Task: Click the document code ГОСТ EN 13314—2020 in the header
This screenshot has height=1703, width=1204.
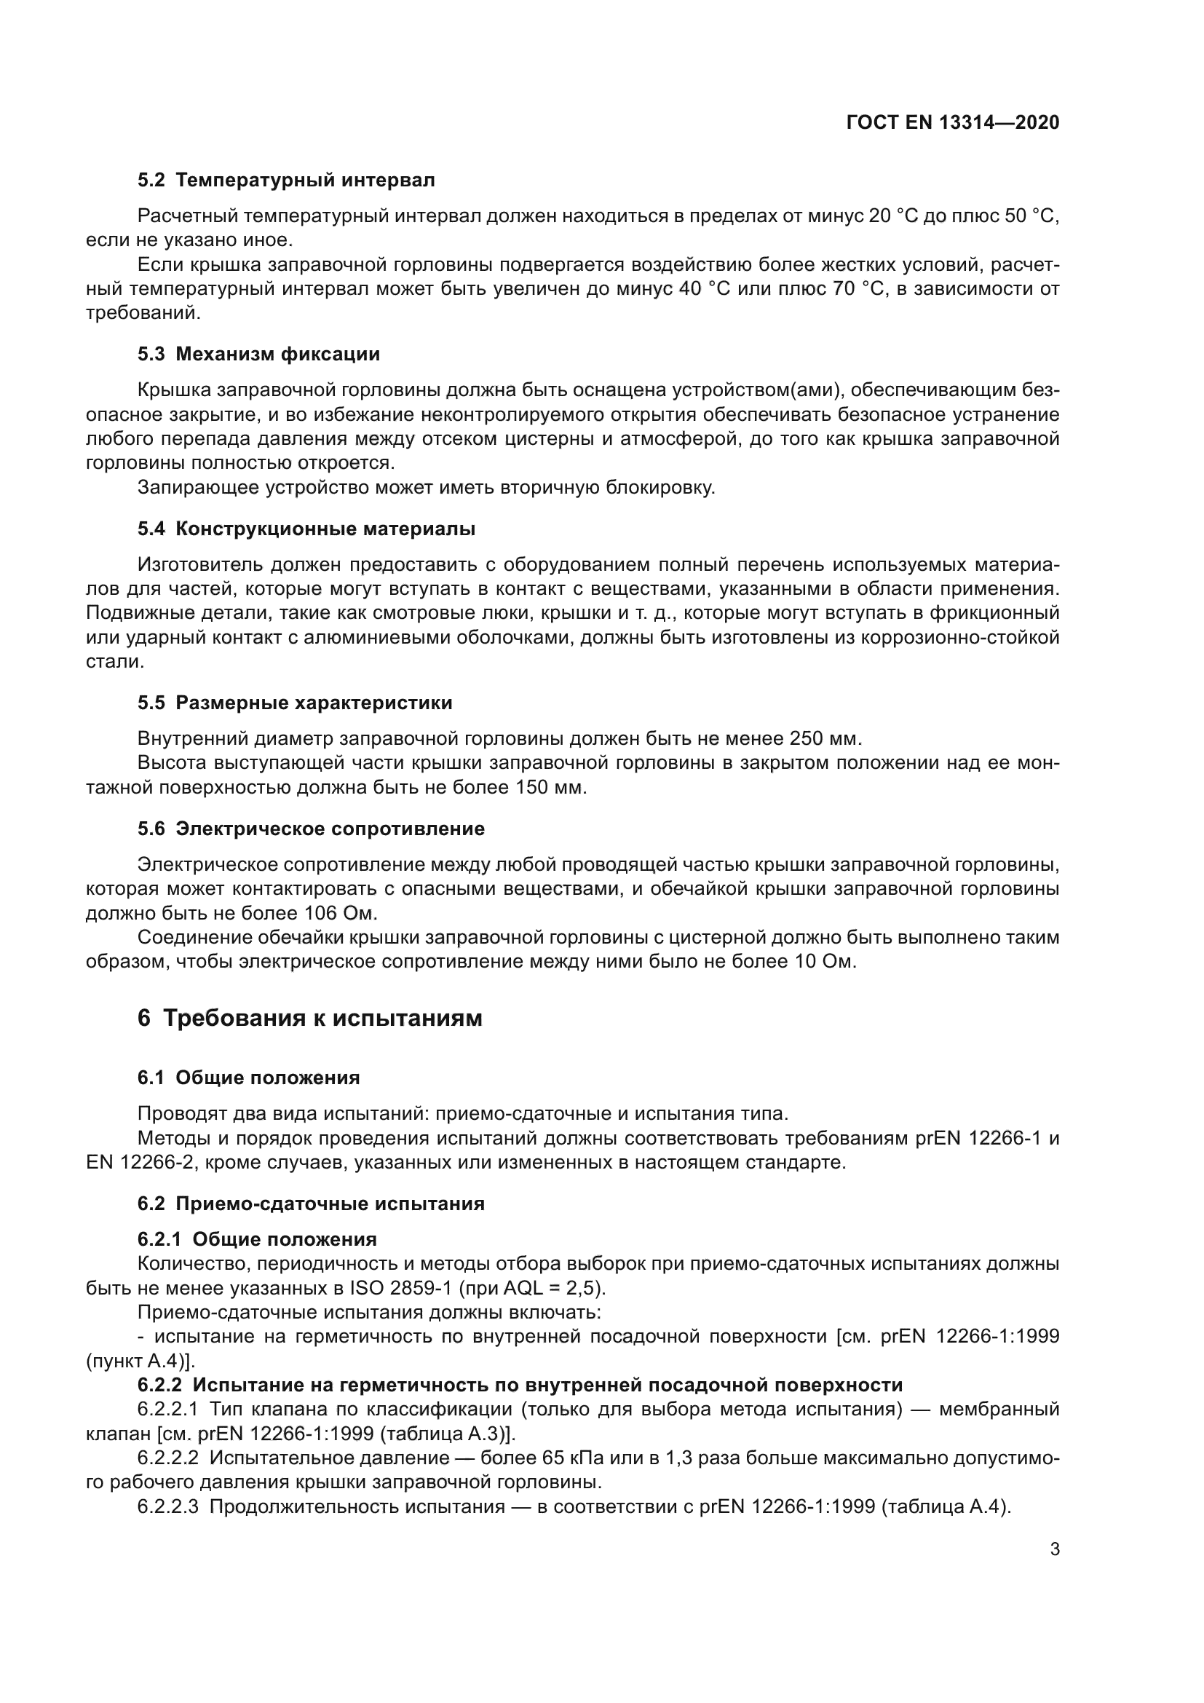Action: [953, 123]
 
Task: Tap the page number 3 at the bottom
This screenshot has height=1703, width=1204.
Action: [1055, 1549]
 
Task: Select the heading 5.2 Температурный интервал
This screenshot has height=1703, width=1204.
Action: [286, 181]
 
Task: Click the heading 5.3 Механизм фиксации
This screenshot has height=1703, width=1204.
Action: [258, 354]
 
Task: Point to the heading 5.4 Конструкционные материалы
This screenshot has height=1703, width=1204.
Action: [306, 529]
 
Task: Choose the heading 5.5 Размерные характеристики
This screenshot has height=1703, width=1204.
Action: [295, 703]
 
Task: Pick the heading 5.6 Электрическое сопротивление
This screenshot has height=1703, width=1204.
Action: [312, 829]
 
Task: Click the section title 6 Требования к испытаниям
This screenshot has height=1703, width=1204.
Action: [310, 1018]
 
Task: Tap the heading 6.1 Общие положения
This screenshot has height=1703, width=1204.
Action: [249, 1078]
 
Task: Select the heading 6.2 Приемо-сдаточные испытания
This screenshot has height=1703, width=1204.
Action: [312, 1203]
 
